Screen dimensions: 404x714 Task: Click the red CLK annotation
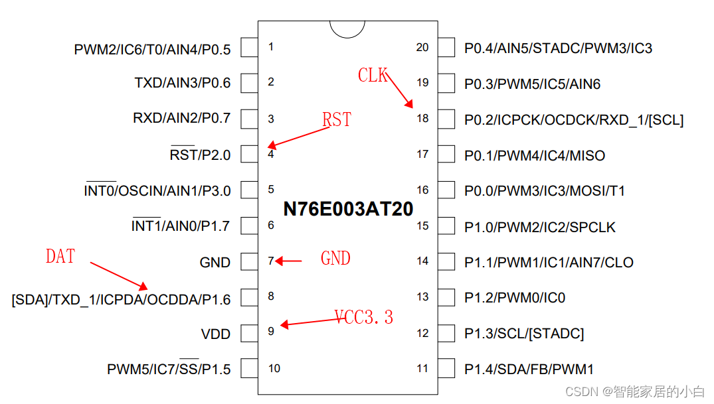pos(373,76)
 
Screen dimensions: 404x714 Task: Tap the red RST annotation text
pos(336,120)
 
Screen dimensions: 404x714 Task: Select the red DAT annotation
pos(60,256)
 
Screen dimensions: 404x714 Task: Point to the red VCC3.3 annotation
pos(364,317)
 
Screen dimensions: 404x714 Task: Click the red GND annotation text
pos(335,258)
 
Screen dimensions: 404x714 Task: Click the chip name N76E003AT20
pos(348,209)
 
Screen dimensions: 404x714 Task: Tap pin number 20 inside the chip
pos(422,48)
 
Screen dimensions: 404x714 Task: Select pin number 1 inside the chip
pos(271,47)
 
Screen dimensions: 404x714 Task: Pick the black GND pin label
pos(215,263)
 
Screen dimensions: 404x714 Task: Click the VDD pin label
pos(216,334)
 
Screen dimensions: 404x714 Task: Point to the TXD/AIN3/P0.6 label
pos(183,83)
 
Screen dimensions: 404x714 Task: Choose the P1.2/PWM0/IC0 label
pos(515,298)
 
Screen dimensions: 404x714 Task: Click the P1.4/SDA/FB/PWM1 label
pos(529,369)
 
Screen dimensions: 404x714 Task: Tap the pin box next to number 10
pos(249,368)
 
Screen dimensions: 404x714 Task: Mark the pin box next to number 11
pos(446,368)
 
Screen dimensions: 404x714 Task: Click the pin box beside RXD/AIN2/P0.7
pos(249,119)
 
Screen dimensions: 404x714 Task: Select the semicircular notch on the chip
pos(347,29)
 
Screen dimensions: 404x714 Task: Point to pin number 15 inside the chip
pos(423,226)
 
